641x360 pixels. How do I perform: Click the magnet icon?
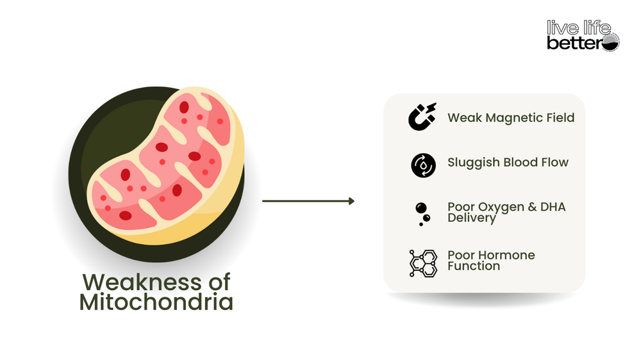click(422, 117)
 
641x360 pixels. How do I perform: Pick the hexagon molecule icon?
click(423, 263)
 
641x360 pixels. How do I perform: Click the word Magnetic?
click(512, 118)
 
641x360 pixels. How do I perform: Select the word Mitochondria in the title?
click(156, 302)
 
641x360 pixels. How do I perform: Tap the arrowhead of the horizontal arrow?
click(351, 201)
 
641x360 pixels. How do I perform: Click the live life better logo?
click(582, 35)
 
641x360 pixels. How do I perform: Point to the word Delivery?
click(472, 218)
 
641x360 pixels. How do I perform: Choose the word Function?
click(474, 265)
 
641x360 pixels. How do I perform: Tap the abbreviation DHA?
click(552, 208)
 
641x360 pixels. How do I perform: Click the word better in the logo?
click(573, 43)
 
